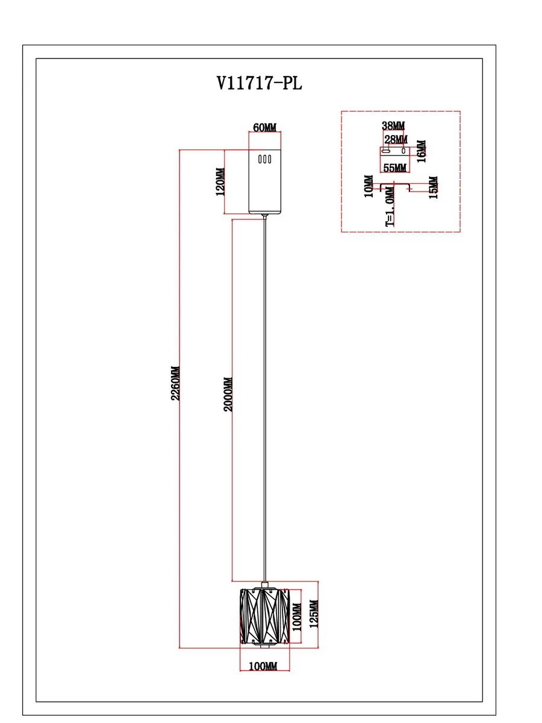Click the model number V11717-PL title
[x=259, y=83]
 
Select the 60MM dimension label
[x=264, y=128]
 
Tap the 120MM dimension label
[x=220, y=181]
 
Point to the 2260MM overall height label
[x=175, y=383]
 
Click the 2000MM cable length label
[x=228, y=394]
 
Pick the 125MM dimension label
[x=314, y=614]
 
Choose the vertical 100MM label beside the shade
[x=297, y=616]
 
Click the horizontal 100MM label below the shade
[x=263, y=666]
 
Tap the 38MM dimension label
[x=393, y=125]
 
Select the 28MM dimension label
[x=396, y=139]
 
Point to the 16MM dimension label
[x=421, y=151]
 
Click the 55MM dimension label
[x=394, y=167]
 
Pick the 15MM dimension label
[x=433, y=187]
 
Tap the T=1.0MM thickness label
[x=390, y=207]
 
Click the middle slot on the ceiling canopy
[x=264, y=160]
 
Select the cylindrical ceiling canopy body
[x=265, y=182]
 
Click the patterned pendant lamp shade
[x=264, y=616]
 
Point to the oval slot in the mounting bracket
[x=385, y=151]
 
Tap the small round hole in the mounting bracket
[x=403, y=151]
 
